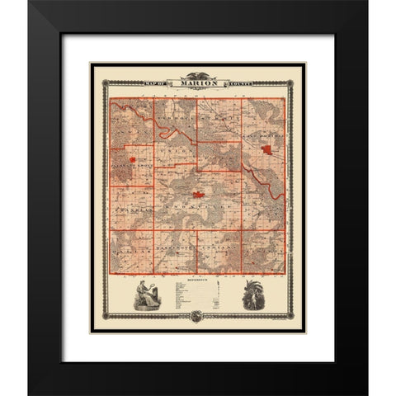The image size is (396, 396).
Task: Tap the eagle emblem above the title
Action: [x=198, y=72]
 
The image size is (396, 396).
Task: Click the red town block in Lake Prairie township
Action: [x=268, y=150]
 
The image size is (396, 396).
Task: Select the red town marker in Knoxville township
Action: [x=198, y=196]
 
